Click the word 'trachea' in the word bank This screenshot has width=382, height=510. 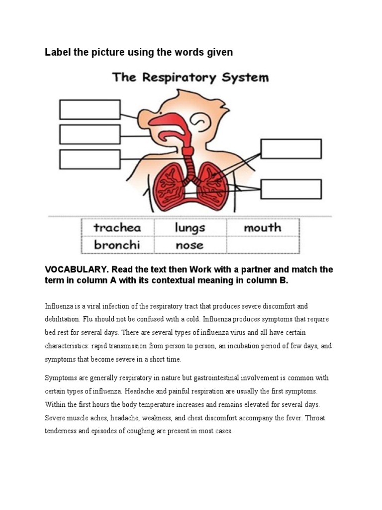coord(117,228)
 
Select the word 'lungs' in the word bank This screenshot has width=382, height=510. coord(190,228)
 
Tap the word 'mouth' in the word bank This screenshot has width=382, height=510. coord(262,228)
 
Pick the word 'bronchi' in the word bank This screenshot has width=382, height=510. coord(118,245)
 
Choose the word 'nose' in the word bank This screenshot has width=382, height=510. coord(189,245)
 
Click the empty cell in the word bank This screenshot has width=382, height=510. coord(263,245)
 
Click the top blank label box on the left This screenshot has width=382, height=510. coord(90,110)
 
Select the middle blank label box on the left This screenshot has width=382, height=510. coord(90,134)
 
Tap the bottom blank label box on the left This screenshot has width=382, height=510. coord(90,159)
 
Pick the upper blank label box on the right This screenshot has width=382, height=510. coord(291,149)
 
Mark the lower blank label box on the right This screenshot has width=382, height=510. coord(291,189)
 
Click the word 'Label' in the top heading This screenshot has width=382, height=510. coord(58,52)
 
